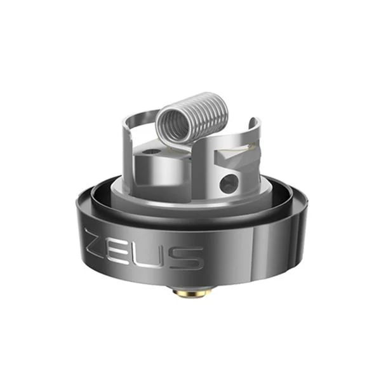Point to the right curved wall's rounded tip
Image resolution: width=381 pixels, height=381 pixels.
pos(255,123)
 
